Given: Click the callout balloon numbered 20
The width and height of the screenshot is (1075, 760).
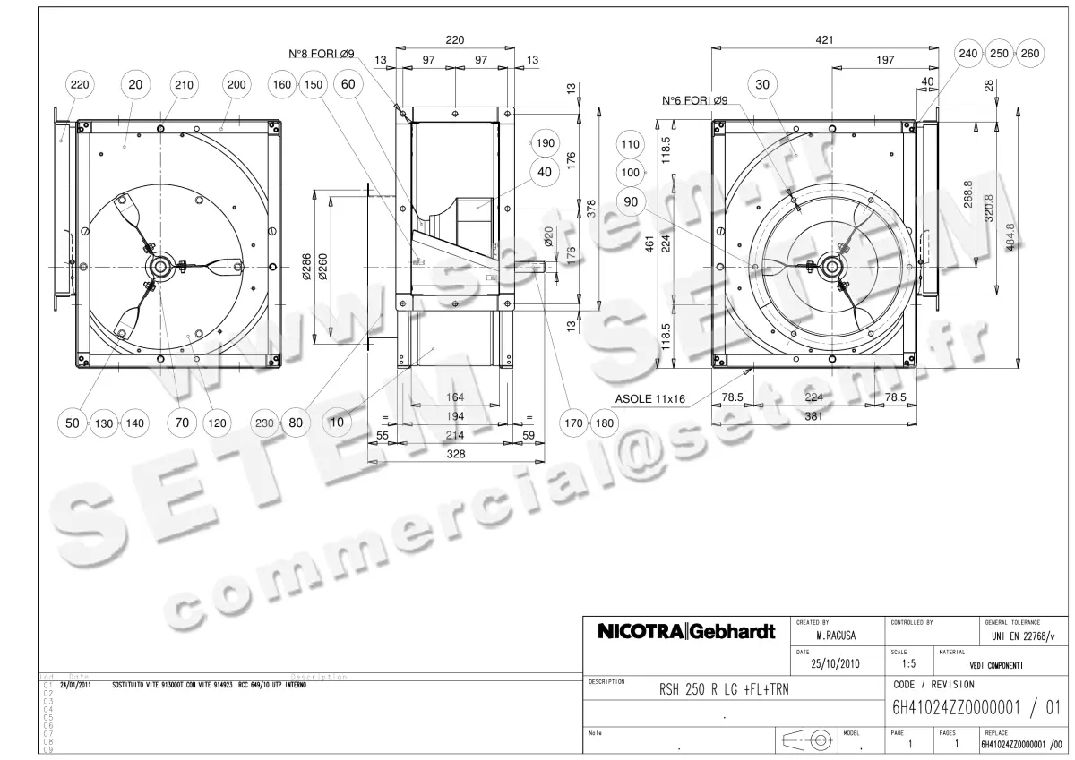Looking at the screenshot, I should coord(135,84).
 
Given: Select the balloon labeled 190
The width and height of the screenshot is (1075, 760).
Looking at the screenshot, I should coord(545,143).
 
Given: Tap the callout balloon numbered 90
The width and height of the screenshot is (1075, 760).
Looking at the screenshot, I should coord(632,202).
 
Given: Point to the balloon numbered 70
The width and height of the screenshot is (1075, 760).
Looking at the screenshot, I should coord(182,423).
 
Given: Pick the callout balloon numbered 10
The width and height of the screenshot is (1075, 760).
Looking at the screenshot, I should coord(338,423).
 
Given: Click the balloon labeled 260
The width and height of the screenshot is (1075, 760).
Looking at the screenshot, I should coord(1030,54).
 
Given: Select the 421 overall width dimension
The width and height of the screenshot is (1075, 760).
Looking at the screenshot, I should coord(824,40).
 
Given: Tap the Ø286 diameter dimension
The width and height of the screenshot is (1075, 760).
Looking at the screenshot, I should coord(306,266).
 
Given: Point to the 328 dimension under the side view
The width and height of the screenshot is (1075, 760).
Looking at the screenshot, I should coord(456,455).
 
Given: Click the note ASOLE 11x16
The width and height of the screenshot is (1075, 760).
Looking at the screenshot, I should coord(650,398).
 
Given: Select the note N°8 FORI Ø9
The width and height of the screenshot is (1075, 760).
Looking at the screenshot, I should coord(322,55).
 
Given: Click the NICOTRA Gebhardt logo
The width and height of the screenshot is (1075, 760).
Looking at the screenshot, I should coord(686,633).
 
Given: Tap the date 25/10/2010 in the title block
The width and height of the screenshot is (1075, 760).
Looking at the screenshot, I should coord(836,665).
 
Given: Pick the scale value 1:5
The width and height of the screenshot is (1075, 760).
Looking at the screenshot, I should coord(909,665).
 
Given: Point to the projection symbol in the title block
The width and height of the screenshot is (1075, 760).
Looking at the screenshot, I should coord(809,740).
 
